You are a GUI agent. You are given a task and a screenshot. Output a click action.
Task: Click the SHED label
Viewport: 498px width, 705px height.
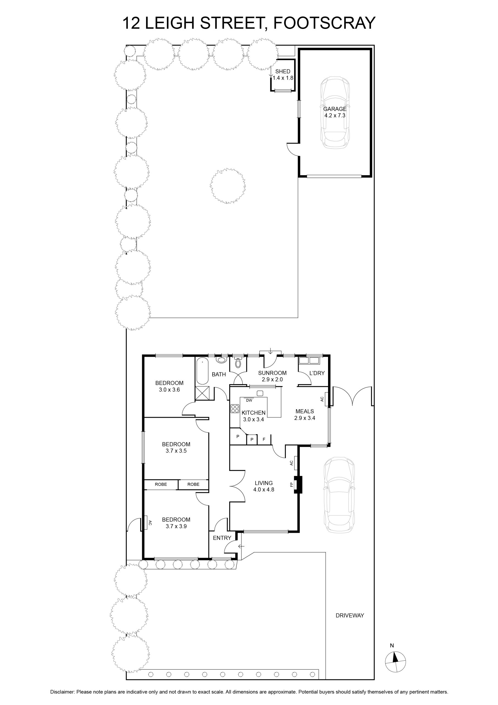[283, 72]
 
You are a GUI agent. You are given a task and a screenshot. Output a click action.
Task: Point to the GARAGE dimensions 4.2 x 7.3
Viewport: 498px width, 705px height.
[335, 115]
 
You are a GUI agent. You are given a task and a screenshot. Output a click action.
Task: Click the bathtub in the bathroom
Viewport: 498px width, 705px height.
[202, 371]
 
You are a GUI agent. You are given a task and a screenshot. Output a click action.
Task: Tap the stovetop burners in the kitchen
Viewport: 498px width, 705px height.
[235, 409]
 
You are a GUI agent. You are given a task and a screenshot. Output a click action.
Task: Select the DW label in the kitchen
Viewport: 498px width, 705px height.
[249, 400]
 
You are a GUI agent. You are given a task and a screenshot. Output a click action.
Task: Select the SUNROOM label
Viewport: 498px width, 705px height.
[272, 373]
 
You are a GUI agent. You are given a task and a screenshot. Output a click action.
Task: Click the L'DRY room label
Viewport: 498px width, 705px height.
[317, 373]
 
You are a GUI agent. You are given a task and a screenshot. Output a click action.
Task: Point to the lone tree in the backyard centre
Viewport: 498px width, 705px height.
[228, 186]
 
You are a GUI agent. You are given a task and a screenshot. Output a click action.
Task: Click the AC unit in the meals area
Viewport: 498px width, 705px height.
[327, 399]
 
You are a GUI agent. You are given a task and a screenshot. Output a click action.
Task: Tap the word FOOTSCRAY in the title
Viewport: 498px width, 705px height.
[324, 23]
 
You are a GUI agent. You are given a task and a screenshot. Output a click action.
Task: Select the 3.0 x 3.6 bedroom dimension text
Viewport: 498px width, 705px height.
[169, 390]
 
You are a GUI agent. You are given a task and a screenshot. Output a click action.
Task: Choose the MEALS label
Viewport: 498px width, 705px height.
[304, 411]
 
